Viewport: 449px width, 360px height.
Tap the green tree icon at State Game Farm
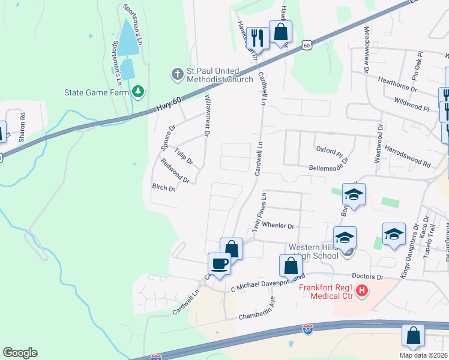coord(139,91)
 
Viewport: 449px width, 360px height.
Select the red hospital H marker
coord(362,292)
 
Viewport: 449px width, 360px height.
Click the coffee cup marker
coord(219,263)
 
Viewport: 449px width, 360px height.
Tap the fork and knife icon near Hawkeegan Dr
coord(258,38)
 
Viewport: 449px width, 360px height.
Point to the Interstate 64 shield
coord(307,330)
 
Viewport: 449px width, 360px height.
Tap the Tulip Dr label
coord(184,155)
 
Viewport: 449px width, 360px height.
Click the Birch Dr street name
coord(163,188)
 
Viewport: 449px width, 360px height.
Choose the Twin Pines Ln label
coord(259,213)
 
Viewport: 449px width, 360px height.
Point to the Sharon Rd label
coord(22,127)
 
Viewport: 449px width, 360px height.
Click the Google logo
coord(20,353)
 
